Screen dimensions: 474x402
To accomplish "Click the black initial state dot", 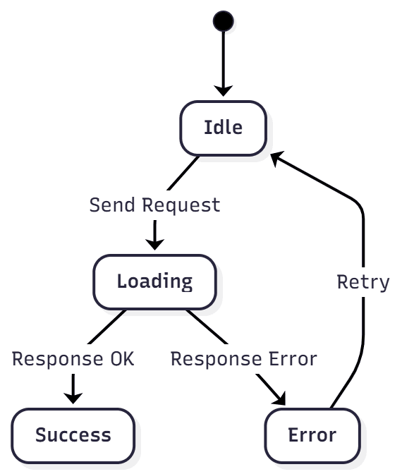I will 223,21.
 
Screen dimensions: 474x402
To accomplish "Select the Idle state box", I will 223,128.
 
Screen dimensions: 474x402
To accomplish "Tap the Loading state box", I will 154,281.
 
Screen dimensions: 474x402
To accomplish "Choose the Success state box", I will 73,435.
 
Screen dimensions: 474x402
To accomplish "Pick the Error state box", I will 312,435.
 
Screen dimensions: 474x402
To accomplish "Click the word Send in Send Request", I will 113,205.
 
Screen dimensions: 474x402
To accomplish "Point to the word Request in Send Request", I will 181,205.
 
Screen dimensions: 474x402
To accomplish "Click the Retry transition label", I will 363,282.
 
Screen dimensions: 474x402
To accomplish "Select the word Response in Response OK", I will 57,359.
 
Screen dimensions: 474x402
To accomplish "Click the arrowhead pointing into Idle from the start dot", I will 223,90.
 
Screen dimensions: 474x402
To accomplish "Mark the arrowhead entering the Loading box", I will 154,243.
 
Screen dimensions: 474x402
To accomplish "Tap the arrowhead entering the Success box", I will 73,397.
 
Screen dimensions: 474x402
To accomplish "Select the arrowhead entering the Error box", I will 279,399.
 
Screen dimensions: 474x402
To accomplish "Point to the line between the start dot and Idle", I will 223,56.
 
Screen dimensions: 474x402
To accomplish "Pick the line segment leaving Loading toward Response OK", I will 109,326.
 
